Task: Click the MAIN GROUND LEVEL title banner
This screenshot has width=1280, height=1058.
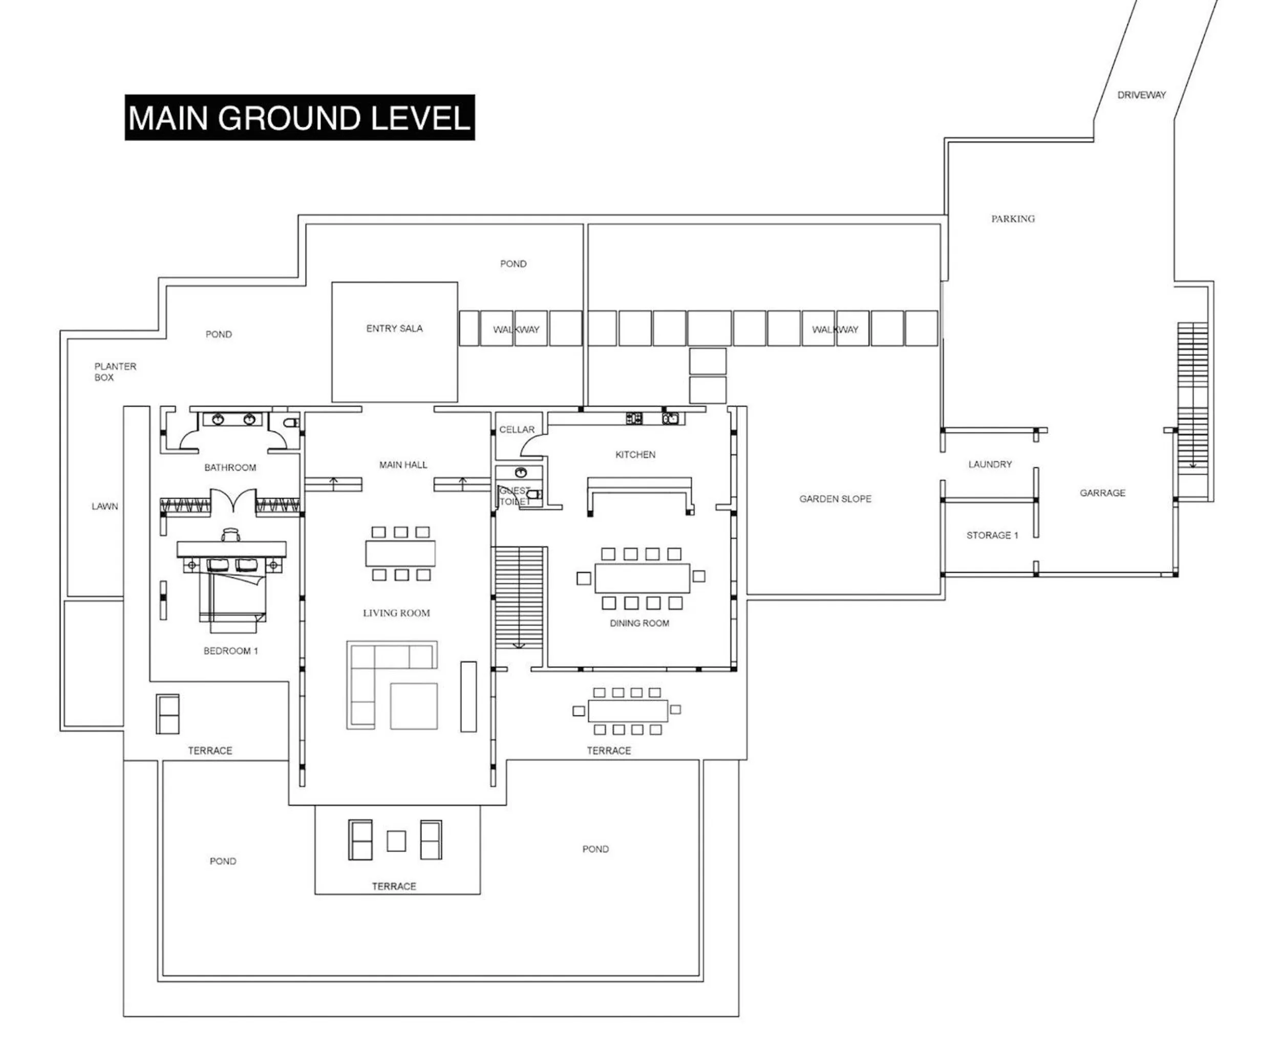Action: coord(300,118)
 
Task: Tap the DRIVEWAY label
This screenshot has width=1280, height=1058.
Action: coord(1141,95)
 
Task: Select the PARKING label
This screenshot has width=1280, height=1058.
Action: coord(1012,218)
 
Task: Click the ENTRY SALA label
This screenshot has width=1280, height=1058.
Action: coord(394,328)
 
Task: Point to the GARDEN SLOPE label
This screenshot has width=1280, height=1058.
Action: coord(835,499)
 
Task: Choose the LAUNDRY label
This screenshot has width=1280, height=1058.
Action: coord(990,464)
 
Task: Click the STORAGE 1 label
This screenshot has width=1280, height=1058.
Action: coord(992,536)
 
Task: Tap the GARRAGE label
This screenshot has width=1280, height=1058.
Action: coord(1102,493)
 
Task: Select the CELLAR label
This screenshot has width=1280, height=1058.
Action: coord(516,429)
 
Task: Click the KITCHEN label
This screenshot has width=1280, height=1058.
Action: coord(635,454)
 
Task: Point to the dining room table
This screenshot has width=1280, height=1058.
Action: coord(642,578)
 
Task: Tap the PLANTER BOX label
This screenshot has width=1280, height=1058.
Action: coord(115,371)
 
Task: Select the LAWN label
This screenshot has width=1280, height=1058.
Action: coord(105,506)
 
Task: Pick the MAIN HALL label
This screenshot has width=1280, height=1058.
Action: coord(403,465)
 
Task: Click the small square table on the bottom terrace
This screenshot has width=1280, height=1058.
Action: coord(396,841)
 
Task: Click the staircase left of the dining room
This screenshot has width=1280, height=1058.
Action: coord(518,597)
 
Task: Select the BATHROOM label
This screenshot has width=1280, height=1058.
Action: coord(230,467)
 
